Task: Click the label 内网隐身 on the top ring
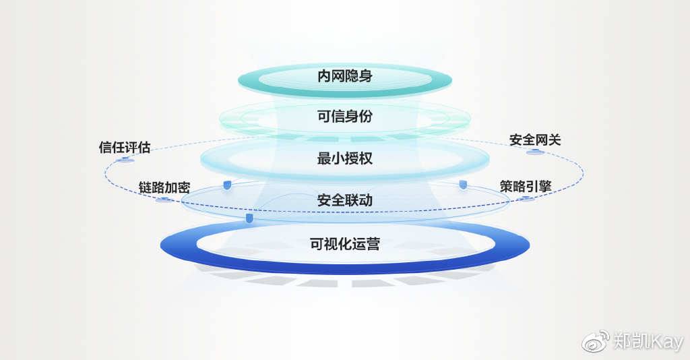click(345, 76)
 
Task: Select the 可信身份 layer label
click(345, 117)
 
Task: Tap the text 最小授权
click(345, 159)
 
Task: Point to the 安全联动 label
click(345, 200)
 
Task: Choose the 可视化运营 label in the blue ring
click(345, 244)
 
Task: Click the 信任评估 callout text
click(125, 147)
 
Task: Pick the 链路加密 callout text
click(164, 187)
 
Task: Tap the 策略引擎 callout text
click(526, 186)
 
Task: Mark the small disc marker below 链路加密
click(162, 200)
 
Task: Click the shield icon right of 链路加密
click(227, 185)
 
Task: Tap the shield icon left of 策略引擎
click(463, 184)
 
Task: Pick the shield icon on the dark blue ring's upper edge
click(249, 218)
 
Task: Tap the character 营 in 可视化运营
click(373, 244)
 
